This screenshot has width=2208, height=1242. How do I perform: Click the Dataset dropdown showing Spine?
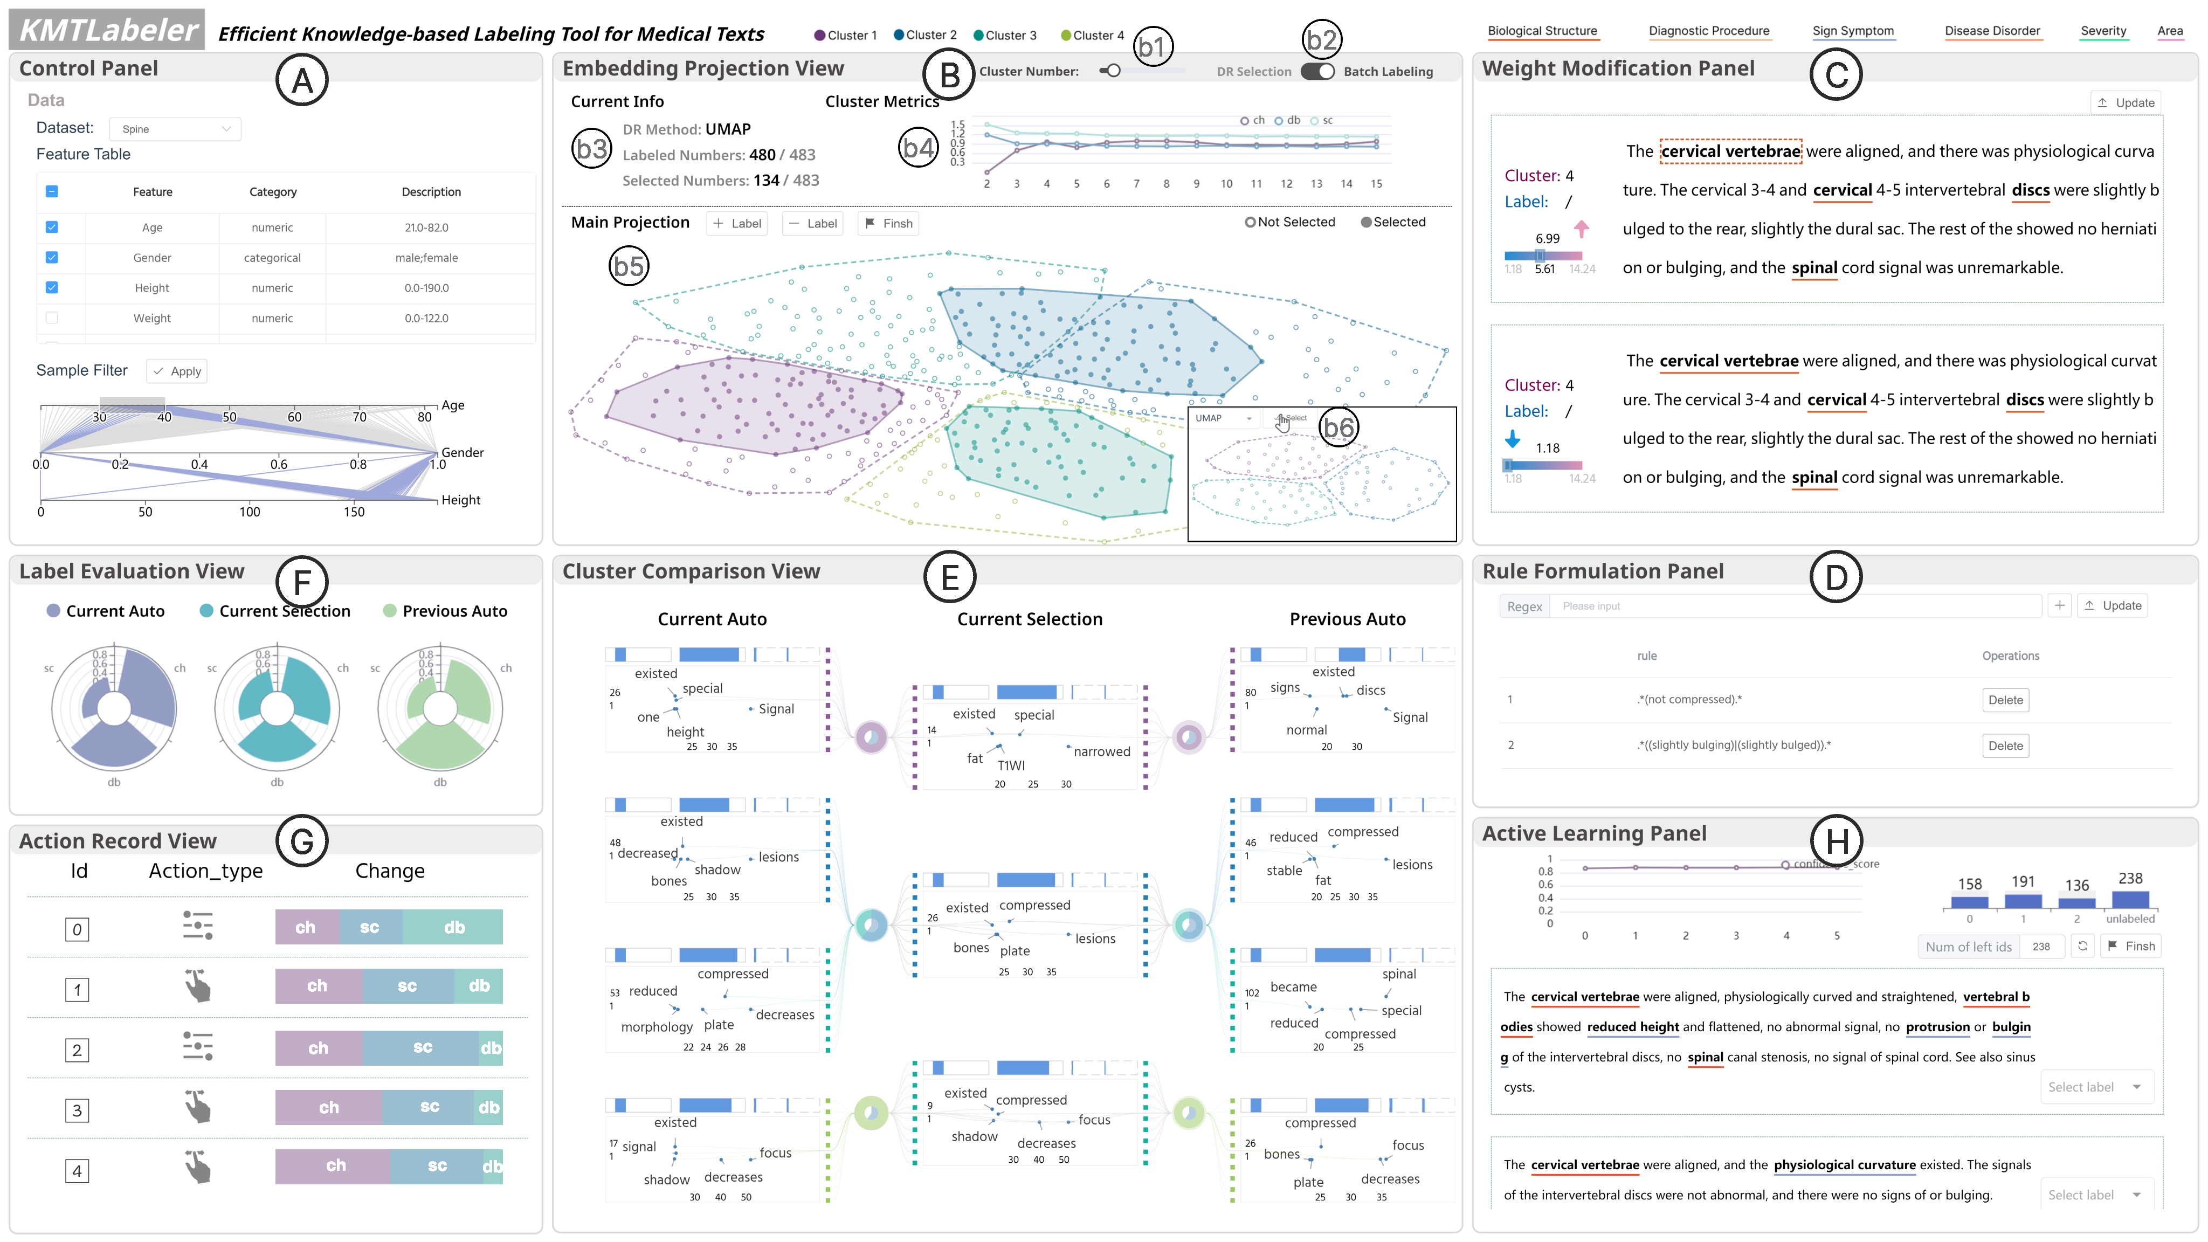[175, 129]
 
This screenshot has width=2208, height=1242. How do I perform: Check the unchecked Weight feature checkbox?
[51, 318]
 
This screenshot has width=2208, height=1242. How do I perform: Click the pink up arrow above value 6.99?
[1582, 228]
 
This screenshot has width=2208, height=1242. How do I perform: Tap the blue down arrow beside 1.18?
[1512, 440]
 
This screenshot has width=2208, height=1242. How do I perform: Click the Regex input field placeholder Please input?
[1796, 606]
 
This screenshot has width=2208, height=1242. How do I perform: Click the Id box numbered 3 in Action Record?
[77, 1111]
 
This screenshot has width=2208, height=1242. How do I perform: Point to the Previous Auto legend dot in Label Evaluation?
[389, 611]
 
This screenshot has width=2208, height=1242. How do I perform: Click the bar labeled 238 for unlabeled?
[2129, 899]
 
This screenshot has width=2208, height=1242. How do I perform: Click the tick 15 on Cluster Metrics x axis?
[1376, 183]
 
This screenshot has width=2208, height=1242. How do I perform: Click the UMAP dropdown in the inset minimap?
[1223, 418]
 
